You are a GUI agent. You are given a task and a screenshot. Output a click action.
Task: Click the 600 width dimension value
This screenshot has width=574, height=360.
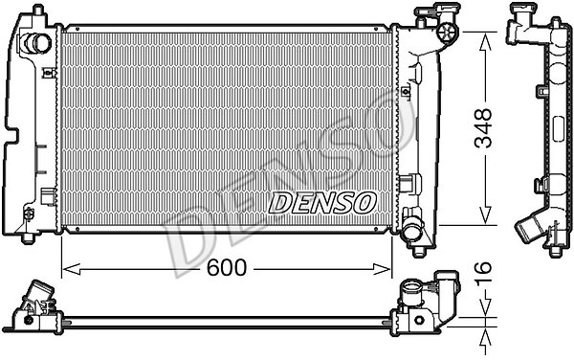227,267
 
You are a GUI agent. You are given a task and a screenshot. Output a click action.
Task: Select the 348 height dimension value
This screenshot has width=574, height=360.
483,127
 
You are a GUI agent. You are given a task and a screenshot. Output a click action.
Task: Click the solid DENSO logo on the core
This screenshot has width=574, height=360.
322,203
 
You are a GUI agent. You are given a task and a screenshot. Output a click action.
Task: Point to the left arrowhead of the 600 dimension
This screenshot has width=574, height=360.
72,269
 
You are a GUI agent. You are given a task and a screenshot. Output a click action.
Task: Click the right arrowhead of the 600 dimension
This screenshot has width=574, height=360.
382,269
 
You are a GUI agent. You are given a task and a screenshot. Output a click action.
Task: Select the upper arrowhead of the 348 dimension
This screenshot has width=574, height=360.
485,42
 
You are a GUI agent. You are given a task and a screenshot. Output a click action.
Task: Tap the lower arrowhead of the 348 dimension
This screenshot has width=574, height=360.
485,214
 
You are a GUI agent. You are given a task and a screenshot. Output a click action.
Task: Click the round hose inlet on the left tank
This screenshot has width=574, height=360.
36,43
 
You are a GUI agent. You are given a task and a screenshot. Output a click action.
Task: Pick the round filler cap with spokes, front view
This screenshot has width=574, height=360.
447,33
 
